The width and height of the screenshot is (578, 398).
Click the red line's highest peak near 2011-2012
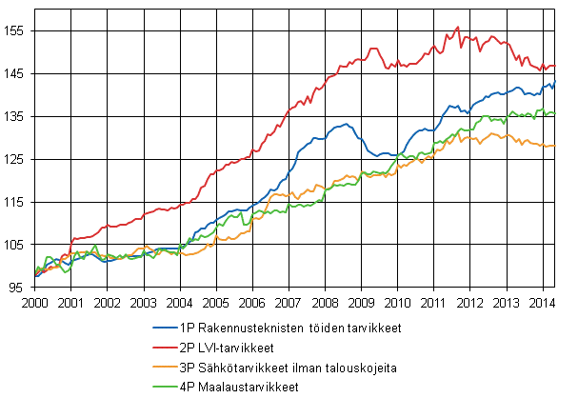tap(458, 27)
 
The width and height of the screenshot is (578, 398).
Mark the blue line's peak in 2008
tap(344, 124)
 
